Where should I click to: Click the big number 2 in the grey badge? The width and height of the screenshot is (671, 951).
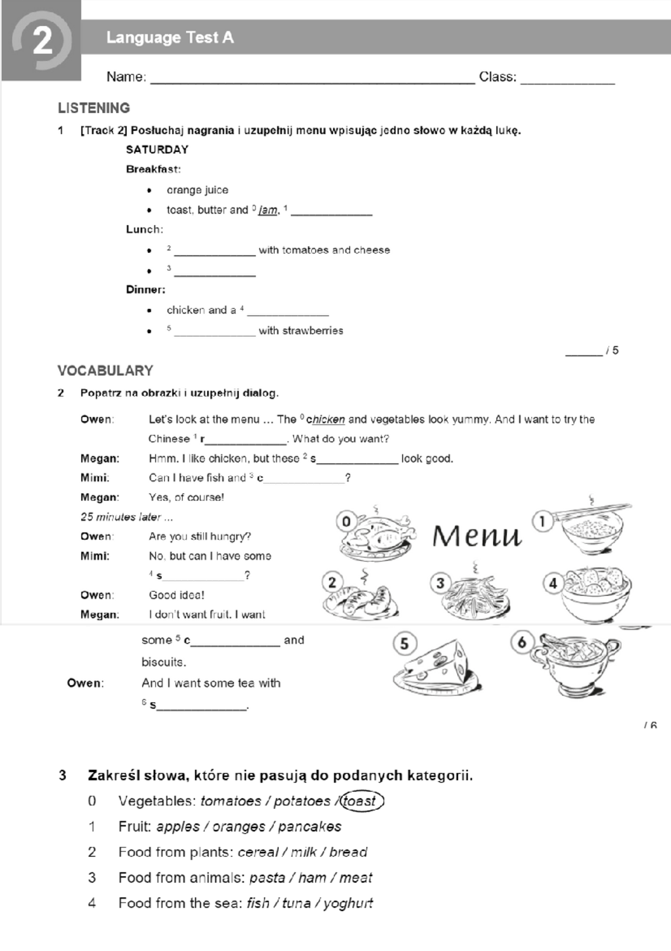[x=42, y=41]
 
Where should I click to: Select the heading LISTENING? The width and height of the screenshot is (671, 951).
[x=94, y=108]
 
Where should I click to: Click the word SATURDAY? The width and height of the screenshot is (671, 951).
[x=157, y=149]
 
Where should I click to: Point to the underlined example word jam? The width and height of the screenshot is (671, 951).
[x=268, y=210]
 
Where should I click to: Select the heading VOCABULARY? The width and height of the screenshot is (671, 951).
[x=105, y=370]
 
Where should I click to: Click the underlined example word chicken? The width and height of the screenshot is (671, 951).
[x=325, y=420]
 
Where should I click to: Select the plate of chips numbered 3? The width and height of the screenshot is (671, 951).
[x=474, y=596]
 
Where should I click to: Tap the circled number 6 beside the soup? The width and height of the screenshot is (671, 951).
[x=522, y=642]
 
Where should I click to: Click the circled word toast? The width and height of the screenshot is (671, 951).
[x=361, y=801]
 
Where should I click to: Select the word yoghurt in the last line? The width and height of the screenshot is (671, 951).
[x=348, y=903]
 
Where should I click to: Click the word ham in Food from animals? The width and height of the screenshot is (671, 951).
[x=312, y=878]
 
